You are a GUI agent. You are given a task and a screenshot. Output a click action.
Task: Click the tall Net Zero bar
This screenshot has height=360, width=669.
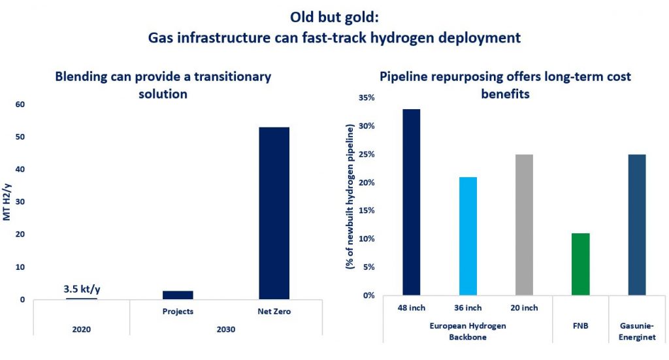coord(274,213)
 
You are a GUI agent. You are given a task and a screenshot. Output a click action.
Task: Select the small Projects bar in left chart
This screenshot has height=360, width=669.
coord(178,295)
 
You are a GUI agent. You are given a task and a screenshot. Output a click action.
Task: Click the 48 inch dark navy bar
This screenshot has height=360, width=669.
coord(411,202)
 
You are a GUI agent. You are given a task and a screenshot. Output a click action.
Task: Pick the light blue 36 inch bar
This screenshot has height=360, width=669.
coord(468,236)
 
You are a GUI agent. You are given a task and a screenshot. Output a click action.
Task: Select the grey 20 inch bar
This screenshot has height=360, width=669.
coord(524,225)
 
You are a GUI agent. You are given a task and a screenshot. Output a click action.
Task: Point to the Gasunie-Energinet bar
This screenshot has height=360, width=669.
coord(636,225)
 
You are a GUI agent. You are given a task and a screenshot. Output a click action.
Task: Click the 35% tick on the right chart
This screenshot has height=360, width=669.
coord(365,98)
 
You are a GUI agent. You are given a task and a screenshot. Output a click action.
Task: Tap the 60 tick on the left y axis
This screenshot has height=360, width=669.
coord(20,105)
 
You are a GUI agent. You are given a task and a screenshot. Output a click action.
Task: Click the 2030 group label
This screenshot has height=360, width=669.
coord(226,329)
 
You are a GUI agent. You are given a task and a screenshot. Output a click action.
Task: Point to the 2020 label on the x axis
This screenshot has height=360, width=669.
coord(82,329)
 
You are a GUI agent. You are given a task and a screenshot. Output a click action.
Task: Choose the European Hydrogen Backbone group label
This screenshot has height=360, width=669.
coord(468,330)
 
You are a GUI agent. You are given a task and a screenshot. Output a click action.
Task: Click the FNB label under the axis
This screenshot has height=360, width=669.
coord(580,325)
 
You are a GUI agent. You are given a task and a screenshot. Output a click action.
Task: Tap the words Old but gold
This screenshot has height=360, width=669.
coord(334,18)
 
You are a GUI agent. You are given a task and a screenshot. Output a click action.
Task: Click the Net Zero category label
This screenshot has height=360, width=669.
coord(274,312)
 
